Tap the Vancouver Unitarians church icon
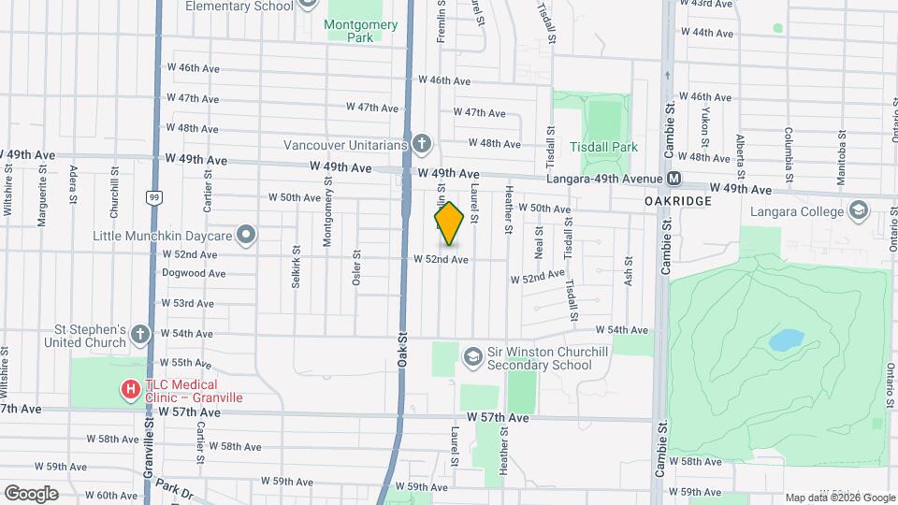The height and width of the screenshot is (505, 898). (422, 144)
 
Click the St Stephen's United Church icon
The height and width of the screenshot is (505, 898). (139, 334)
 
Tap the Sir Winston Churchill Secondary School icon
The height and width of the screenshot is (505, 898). (472, 356)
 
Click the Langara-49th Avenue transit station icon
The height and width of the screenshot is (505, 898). (673, 178)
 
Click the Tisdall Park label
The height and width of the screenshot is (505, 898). (603, 147)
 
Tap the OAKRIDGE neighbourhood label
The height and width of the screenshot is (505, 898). (678, 201)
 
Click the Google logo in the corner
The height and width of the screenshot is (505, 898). (30, 493)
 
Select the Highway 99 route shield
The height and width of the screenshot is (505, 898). (152, 197)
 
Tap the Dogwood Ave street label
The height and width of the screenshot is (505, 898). (194, 274)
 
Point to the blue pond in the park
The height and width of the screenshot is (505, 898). (785, 340)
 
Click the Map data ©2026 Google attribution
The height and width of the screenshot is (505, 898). (840, 498)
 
